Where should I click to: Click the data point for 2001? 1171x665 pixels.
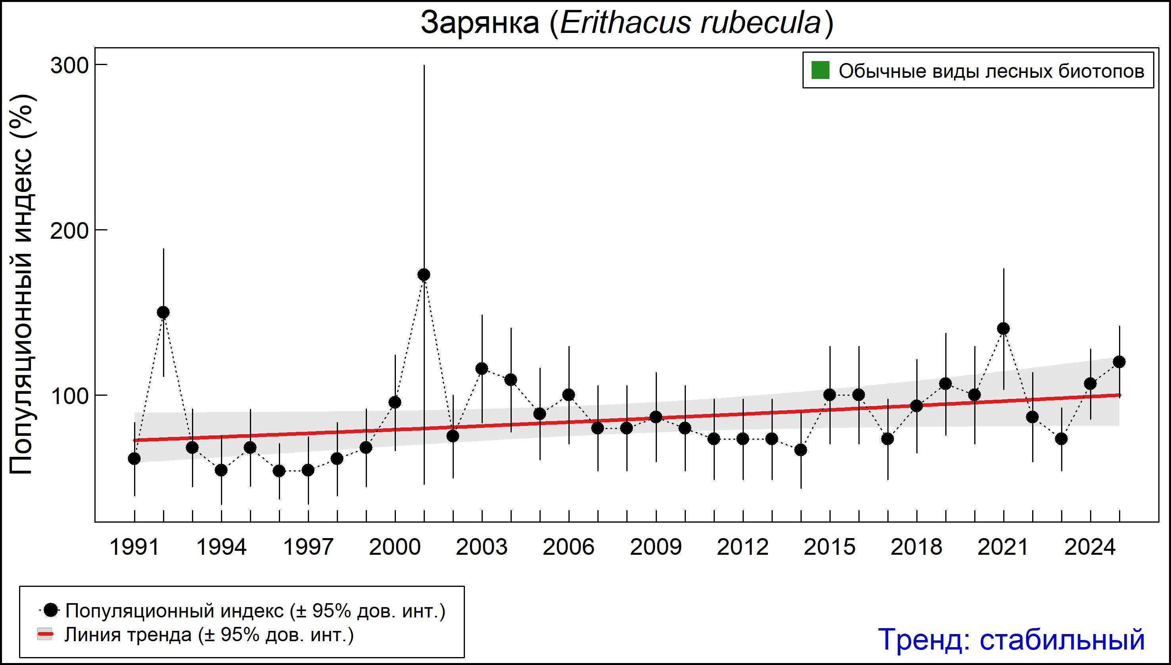(424, 274)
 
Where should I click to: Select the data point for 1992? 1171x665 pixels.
(163, 312)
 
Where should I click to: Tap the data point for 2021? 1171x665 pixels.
(1003, 328)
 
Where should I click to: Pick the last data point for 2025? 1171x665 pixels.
(1119, 362)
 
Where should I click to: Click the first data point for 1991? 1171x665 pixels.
(134, 458)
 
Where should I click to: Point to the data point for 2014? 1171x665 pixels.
(801, 450)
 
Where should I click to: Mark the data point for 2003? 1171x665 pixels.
(482, 368)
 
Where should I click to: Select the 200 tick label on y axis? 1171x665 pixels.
(69, 231)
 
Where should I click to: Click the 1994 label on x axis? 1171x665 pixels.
(221, 547)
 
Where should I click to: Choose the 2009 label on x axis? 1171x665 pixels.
(656, 547)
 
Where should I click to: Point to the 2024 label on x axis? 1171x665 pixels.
(1090, 547)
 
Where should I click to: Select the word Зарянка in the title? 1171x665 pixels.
(480, 23)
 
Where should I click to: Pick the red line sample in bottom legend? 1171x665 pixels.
(45, 634)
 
